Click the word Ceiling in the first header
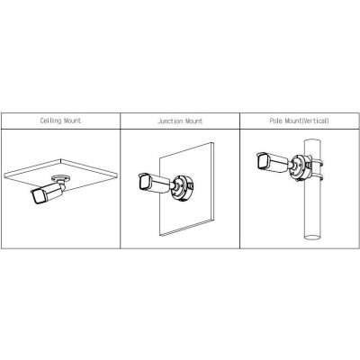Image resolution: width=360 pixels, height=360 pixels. tap(50, 121)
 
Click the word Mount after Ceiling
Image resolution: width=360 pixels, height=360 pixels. tap(73, 121)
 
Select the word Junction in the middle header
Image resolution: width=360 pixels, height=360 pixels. tap(170, 121)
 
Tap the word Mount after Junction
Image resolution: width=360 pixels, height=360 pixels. tap(193, 121)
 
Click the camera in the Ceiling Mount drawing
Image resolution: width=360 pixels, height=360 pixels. tap(48, 193)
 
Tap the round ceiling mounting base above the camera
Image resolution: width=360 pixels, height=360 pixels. tap(61, 178)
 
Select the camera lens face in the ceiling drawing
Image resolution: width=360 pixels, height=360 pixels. tap(38, 197)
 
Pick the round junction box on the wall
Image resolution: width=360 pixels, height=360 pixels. tap(183, 188)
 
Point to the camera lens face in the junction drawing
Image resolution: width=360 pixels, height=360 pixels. tap(143, 183)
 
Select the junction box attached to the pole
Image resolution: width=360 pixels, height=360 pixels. tap(301, 167)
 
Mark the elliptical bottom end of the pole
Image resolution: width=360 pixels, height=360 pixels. tap(312, 238)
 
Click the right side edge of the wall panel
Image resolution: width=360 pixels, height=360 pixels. tap(212, 183)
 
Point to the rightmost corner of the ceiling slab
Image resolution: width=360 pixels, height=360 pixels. tap(117, 174)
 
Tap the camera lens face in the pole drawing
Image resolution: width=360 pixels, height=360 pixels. tap(262, 162)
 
